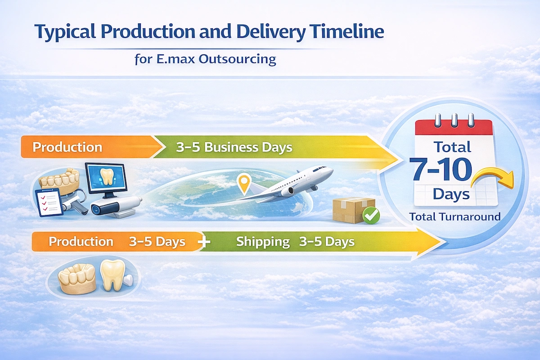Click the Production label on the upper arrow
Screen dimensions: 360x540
click(67, 147)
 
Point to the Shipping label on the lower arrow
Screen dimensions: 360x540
click(263, 242)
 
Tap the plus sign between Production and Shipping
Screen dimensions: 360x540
click(204, 242)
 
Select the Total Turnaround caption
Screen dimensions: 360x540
click(455, 216)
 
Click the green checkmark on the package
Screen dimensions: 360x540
click(371, 216)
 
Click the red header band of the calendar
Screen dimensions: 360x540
click(455, 128)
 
